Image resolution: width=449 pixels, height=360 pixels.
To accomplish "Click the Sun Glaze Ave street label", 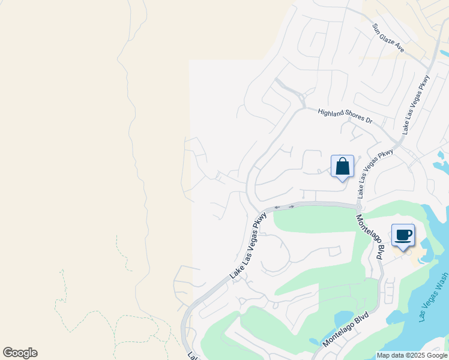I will click(x=388, y=38).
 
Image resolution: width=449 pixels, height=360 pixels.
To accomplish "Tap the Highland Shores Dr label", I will click(x=345, y=116).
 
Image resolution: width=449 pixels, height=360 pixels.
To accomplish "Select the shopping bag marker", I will click(x=342, y=166).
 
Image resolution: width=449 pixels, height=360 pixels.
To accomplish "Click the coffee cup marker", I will click(x=403, y=235).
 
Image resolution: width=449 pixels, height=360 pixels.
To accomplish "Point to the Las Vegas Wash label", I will click(x=433, y=299).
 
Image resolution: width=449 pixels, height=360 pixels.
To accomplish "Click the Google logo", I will click(x=20, y=353).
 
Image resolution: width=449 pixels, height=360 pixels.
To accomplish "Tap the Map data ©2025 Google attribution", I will click(x=411, y=355).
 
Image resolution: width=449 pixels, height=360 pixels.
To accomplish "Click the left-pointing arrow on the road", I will click(x=277, y=208).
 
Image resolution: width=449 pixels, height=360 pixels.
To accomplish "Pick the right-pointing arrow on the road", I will click(x=291, y=206).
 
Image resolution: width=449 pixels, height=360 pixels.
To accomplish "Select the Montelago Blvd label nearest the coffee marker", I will click(x=370, y=236).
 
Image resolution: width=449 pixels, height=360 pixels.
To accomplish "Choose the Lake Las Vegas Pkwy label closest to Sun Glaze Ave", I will click(x=417, y=104).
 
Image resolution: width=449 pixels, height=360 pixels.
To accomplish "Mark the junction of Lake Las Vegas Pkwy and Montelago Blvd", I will click(x=358, y=207).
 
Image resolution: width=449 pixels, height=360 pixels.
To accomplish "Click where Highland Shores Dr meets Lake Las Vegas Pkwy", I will click(x=397, y=142).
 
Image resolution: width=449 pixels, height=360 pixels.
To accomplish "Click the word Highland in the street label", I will click(x=331, y=112).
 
